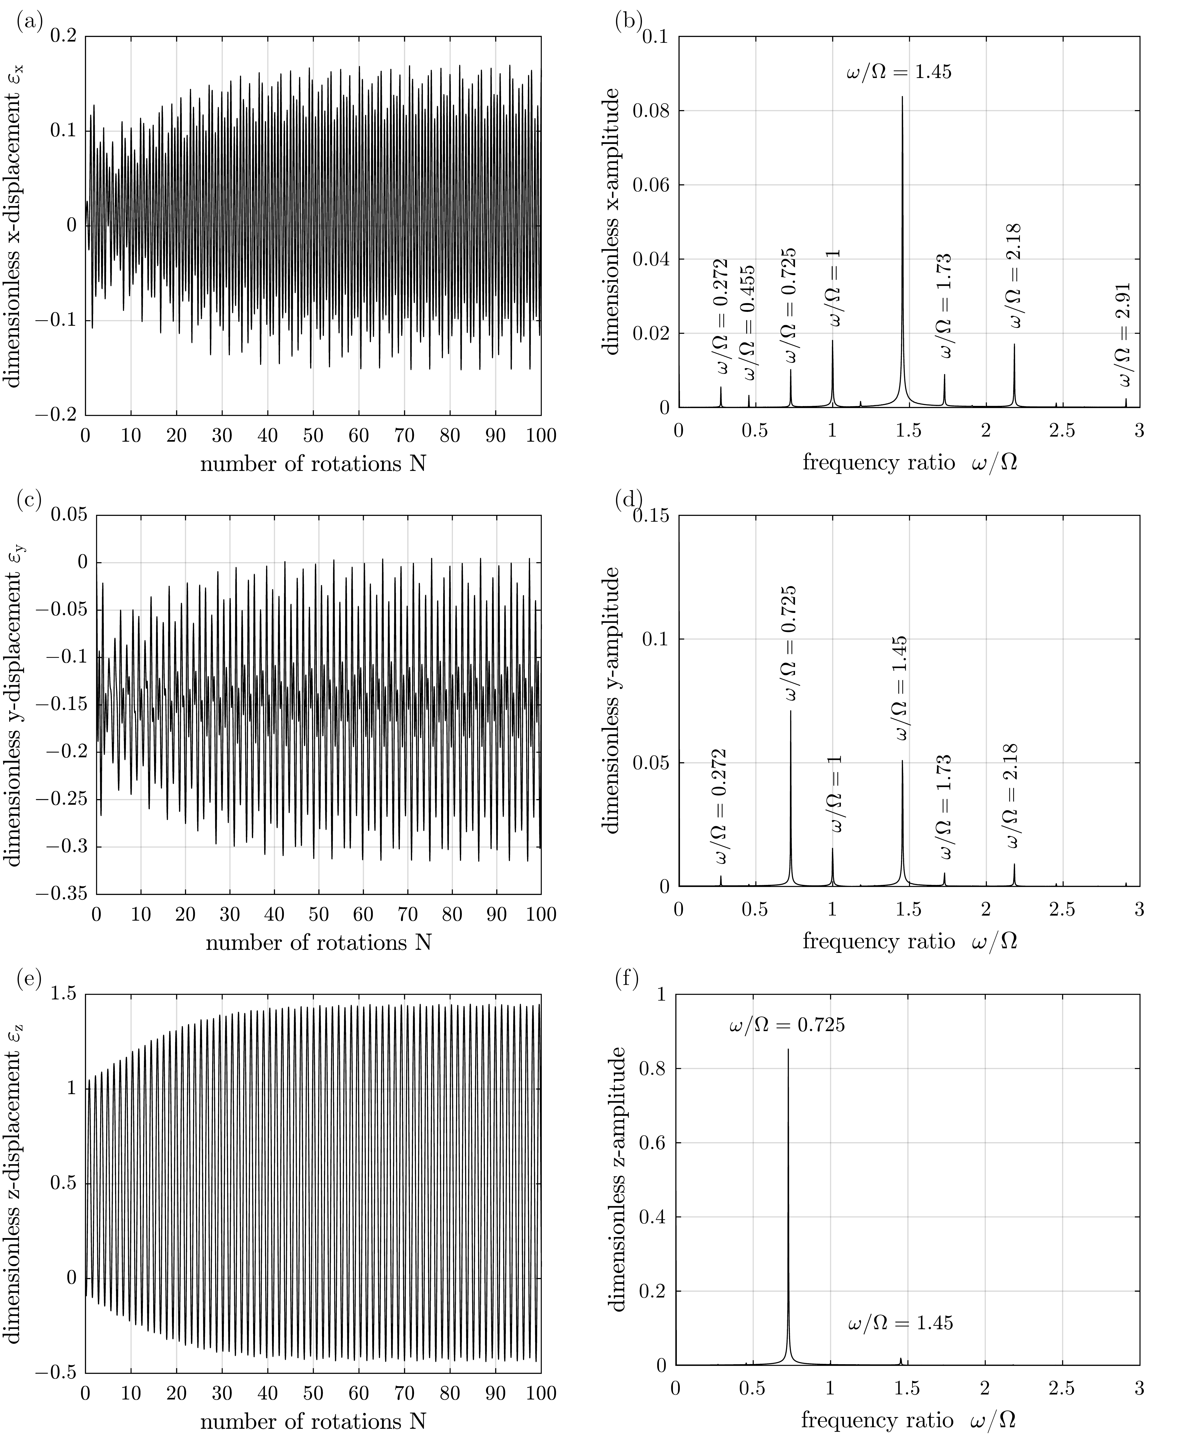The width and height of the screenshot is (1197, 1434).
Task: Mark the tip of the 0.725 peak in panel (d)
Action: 791,712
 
